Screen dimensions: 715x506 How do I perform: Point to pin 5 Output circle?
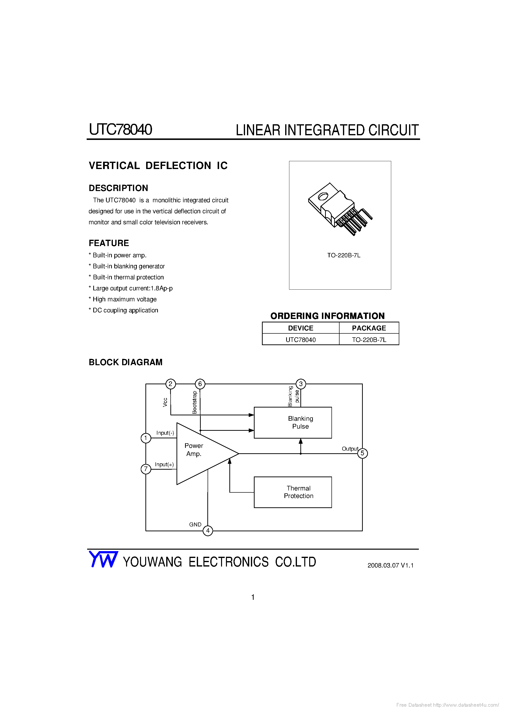tap(362, 453)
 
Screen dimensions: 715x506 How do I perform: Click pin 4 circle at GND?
tap(208, 531)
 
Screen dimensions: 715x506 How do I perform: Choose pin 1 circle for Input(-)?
tap(146, 438)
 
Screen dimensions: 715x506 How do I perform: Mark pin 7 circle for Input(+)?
tap(146, 469)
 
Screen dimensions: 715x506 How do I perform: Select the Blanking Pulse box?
tap(293, 423)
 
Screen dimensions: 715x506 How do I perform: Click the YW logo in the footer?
tap(103, 559)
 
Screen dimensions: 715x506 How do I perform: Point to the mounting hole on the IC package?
tap(323, 196)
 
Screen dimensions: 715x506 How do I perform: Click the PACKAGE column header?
tap(369, 328)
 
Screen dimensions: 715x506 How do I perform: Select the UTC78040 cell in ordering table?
tap(301, 340)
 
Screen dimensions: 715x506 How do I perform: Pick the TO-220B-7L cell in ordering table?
tap(369, 340)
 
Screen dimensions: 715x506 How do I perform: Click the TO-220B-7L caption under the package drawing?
tap(344, 255)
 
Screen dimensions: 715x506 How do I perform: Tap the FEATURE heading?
tap(109, 243)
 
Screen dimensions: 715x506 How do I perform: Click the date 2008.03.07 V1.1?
tap(390, 565)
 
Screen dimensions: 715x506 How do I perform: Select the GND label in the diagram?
tap(195, 524)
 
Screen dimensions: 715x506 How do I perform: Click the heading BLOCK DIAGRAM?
tap(126, 362)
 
